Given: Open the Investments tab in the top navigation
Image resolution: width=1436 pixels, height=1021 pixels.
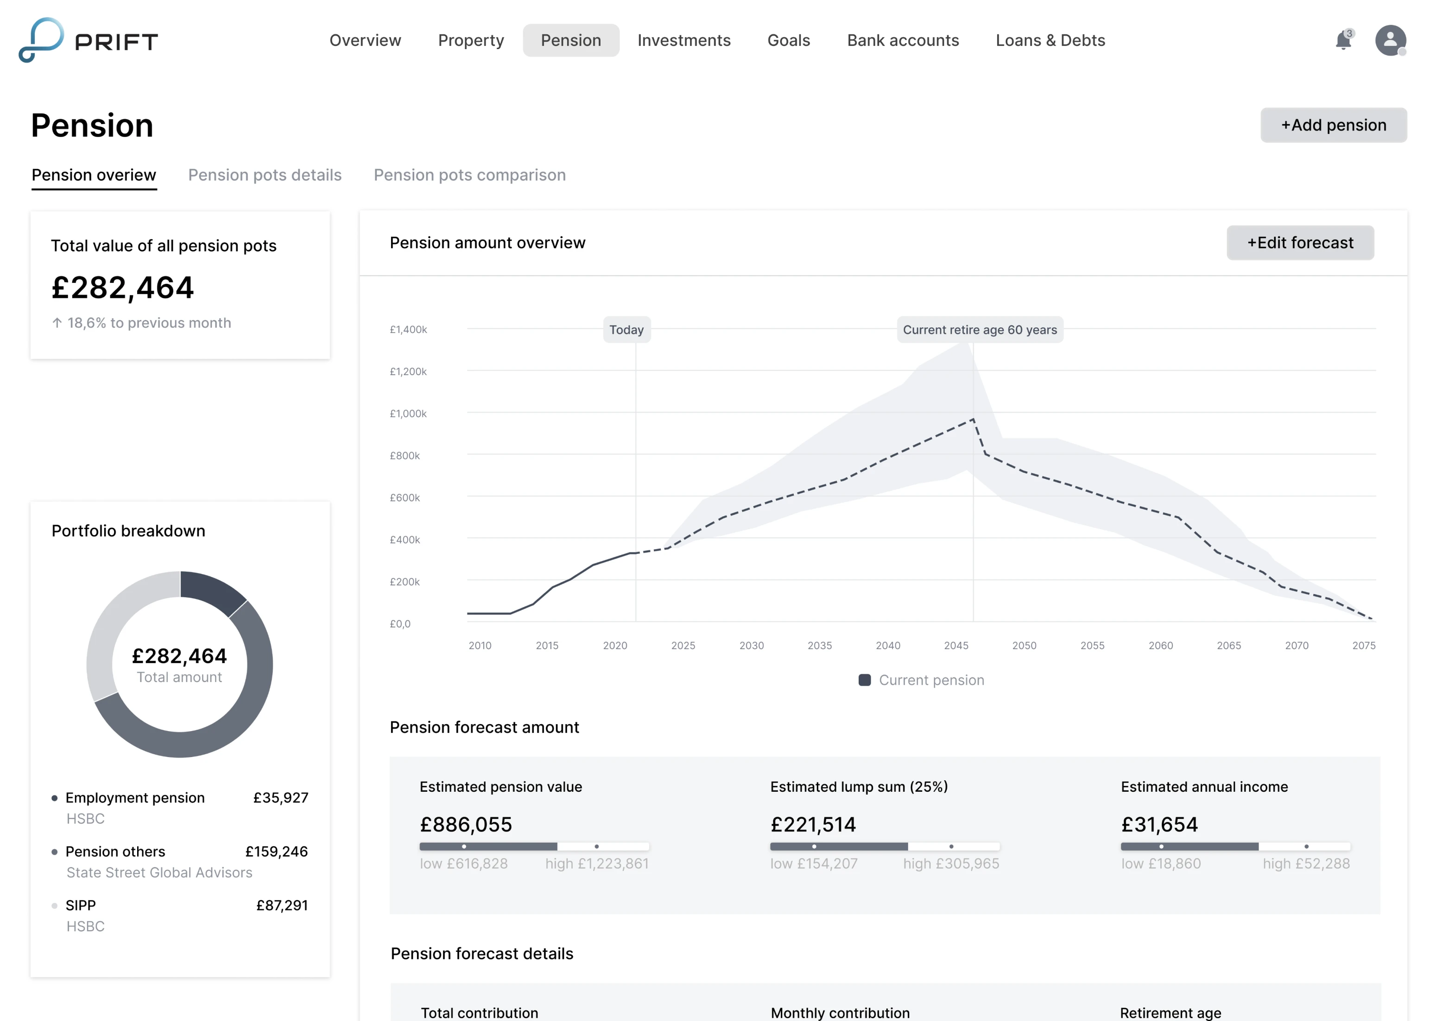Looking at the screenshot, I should coord(684,40).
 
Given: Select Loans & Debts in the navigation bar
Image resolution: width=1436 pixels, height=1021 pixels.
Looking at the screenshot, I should coord(1050,40).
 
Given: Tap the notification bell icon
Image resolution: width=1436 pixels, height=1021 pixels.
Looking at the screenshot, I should coord(1343,41).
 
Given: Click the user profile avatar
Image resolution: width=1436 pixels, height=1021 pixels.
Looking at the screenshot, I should coord(1390,41).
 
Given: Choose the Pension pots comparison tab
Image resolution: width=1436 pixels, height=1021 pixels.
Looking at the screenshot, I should coord(469,175).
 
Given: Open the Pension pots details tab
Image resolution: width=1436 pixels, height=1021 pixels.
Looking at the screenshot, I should coord(265,175).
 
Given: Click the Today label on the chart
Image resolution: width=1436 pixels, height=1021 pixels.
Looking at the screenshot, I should coord(626,329).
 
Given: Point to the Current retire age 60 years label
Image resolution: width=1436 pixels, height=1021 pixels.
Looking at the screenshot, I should coord(980,329).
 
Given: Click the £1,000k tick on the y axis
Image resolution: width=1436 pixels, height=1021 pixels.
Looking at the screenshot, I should coord(408,413).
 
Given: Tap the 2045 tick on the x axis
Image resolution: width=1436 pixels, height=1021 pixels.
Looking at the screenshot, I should coord(955,645).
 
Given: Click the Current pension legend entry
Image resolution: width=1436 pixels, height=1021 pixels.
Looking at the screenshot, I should coord(922,680).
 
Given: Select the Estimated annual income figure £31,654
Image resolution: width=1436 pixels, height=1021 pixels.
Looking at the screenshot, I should coord(1159,824).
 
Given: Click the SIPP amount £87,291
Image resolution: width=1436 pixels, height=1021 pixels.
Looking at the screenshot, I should coord(282,905).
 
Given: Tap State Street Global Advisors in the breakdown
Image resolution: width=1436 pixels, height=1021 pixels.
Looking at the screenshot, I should coord(159,873).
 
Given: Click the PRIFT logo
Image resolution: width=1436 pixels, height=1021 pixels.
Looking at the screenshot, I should coord(88,41).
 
